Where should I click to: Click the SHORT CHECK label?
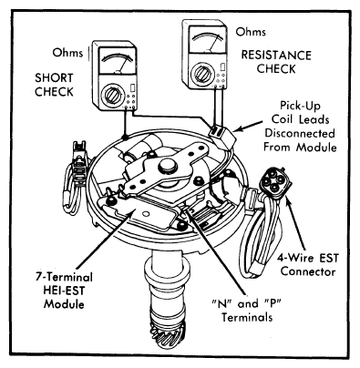coord(54,85)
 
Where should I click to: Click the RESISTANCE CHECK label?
coord(276,62)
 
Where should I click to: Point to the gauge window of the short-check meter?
coord(118,61)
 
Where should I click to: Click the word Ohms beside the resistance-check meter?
coord(251,32)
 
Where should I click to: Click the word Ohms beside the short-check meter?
coord(67,53)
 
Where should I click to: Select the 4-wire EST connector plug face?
coord(275,181)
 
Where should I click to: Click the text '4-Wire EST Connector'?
coord(308,265)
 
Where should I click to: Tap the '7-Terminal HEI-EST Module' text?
coord(64,291)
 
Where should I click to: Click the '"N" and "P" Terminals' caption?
coord(246,311)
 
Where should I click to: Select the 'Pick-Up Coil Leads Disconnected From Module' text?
coord(300,127)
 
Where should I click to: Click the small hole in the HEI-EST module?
coord(146,214)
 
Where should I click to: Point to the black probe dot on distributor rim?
coord(124,137)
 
